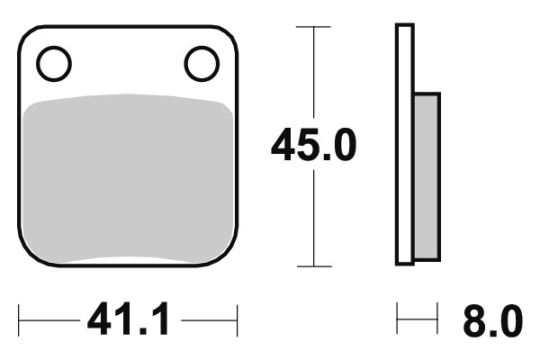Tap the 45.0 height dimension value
[314, 146]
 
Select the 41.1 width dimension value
[128, 320]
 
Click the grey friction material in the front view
[127, 180]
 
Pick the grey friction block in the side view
[427, 175]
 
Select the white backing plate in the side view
[404, 144]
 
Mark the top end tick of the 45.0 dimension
[312, 27]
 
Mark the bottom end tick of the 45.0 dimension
[312, 266]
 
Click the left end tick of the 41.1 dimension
[20, 319]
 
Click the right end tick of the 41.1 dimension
[237, 319]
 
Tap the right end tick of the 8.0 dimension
[438, 319]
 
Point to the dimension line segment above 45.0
[312, 72]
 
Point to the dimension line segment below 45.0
[312, 220]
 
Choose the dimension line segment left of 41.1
[49, 319]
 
